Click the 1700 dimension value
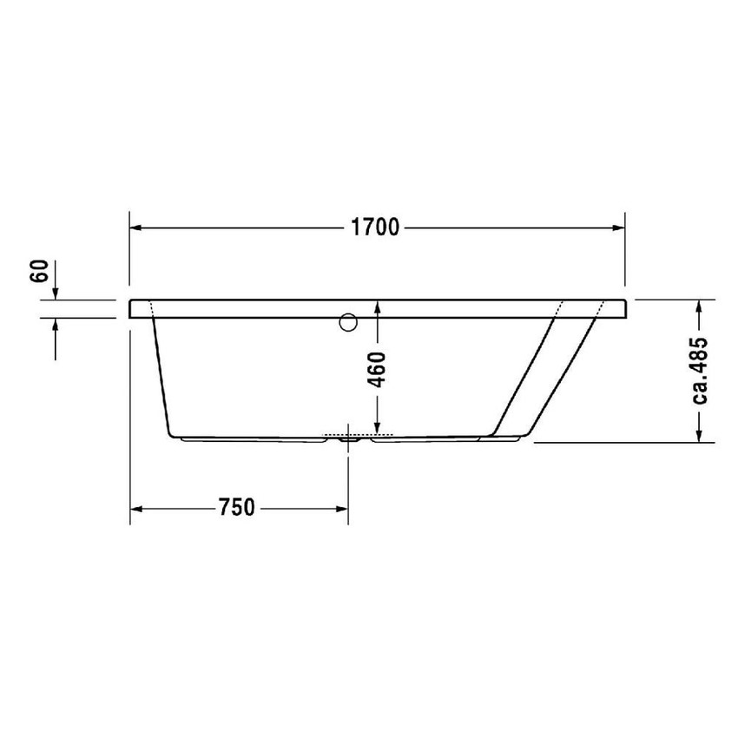point(375,228)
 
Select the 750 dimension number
point(236,508)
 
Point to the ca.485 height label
point(701,371)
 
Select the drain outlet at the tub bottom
point(349,438)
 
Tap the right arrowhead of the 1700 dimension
point(619,228)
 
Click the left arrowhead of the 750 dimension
point(135,508)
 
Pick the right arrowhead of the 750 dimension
point(343,508)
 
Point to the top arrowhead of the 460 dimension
point(379,306)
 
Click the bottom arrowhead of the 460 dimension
point(379,428)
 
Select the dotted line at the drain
point(358,434)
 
